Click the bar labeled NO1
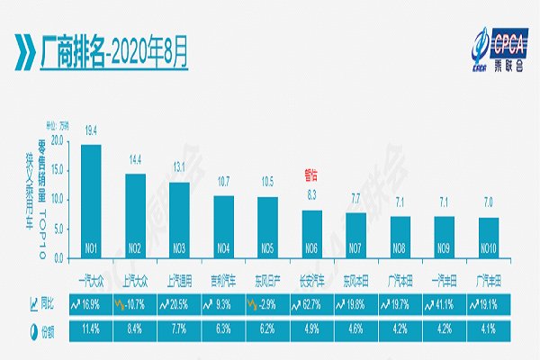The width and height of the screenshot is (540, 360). (91, 202)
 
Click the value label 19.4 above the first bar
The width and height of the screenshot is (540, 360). (91, 131)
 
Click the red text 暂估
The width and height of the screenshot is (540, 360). (311, 178)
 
